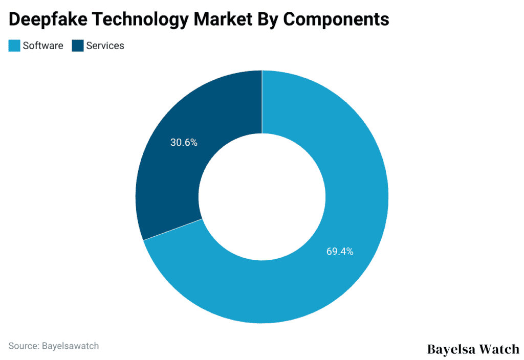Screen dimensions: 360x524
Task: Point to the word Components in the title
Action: tap(336, 19)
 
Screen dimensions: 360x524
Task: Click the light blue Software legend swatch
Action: tap(14, 46)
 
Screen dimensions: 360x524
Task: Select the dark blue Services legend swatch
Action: tap(78, 46)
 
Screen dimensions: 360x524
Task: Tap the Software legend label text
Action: tap(43, 46)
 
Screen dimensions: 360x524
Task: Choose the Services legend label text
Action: tap(105, 46)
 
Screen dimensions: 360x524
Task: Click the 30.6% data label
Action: tap(184, 143)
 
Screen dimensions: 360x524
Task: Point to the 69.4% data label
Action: tap(340, 252)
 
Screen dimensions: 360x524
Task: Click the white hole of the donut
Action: tap(262, 197)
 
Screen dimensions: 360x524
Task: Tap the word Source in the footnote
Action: tap(22, 346)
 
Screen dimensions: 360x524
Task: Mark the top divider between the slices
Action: tap(262, 102)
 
